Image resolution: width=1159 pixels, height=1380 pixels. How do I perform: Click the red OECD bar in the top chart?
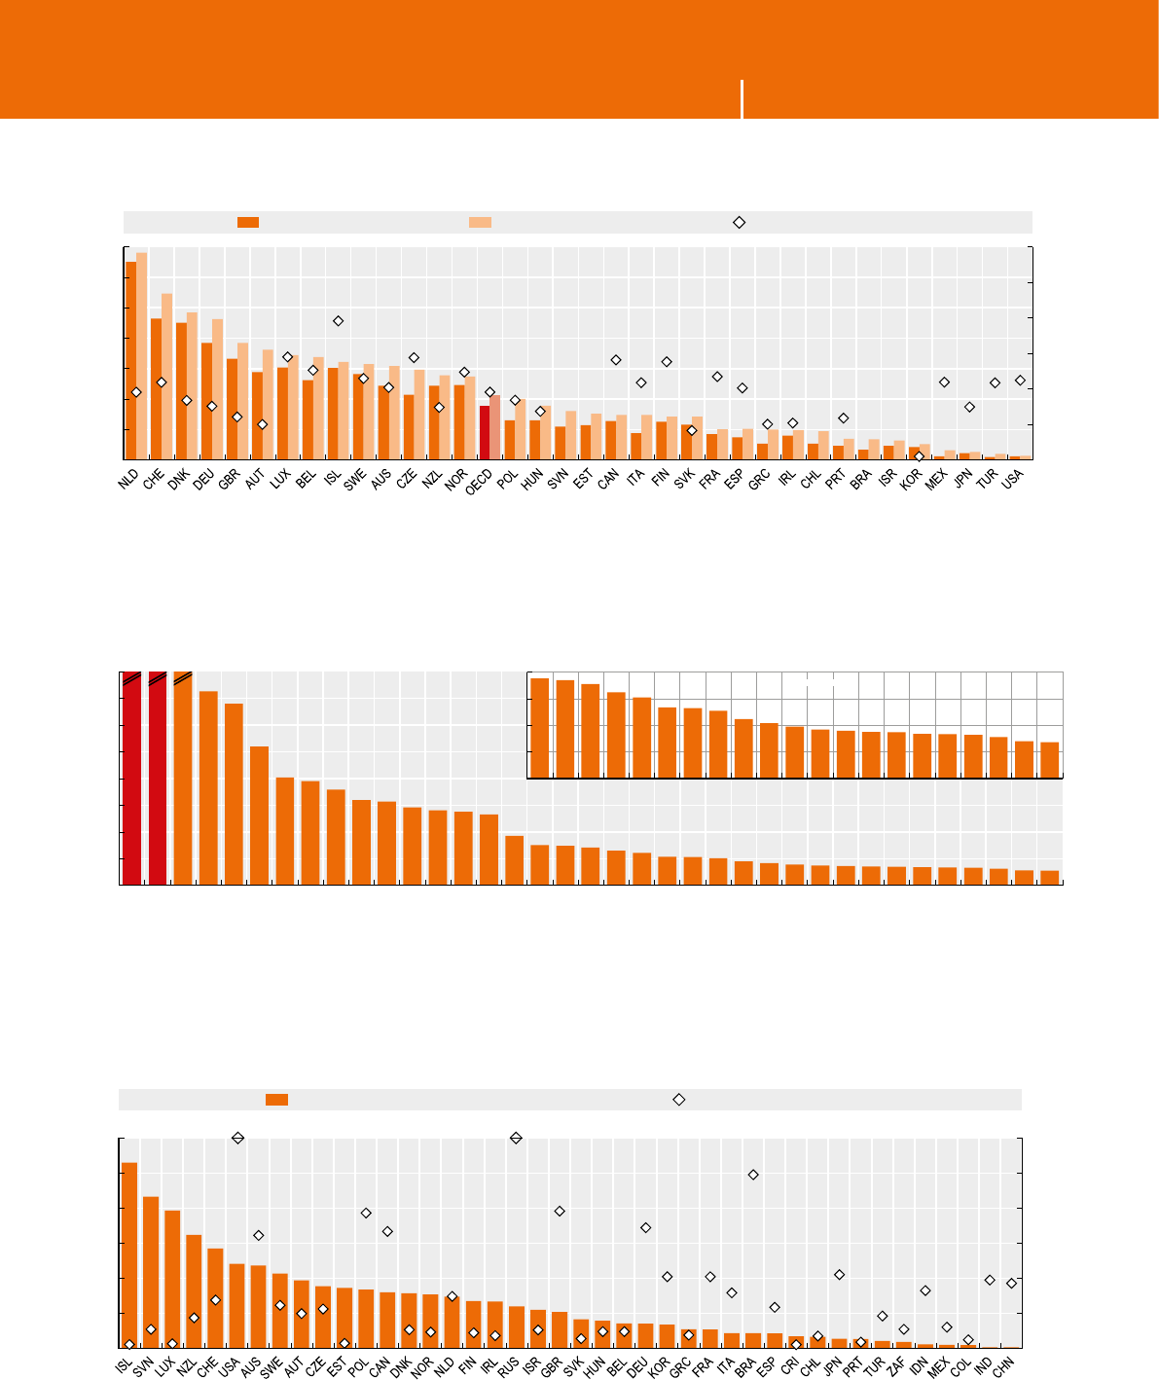[485, 432]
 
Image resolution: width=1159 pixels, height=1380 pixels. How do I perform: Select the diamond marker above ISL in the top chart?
[338, 321]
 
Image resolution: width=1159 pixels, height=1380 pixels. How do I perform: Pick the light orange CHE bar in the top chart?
[167, 376]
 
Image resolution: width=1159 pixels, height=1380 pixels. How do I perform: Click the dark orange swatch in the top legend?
[248, 222]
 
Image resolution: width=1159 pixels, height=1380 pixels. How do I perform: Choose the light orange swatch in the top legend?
[480, 222]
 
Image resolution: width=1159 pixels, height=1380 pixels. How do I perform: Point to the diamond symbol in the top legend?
[739, 222]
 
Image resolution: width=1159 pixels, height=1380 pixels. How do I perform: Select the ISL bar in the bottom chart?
[129, 1254]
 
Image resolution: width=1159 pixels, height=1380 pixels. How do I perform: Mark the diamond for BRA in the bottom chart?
[753, 1175]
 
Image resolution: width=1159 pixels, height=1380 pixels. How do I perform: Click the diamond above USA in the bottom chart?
[236, 1138]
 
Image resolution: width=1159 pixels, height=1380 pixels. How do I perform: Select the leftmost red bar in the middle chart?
[131, 779]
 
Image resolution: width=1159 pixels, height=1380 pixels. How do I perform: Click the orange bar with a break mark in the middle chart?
[182, 779]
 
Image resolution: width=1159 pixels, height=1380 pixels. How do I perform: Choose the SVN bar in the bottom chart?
[151, 1272]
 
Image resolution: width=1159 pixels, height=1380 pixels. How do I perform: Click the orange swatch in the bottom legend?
[276, 1099]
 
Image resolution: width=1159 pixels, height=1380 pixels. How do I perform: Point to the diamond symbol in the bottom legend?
[679, 1099]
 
